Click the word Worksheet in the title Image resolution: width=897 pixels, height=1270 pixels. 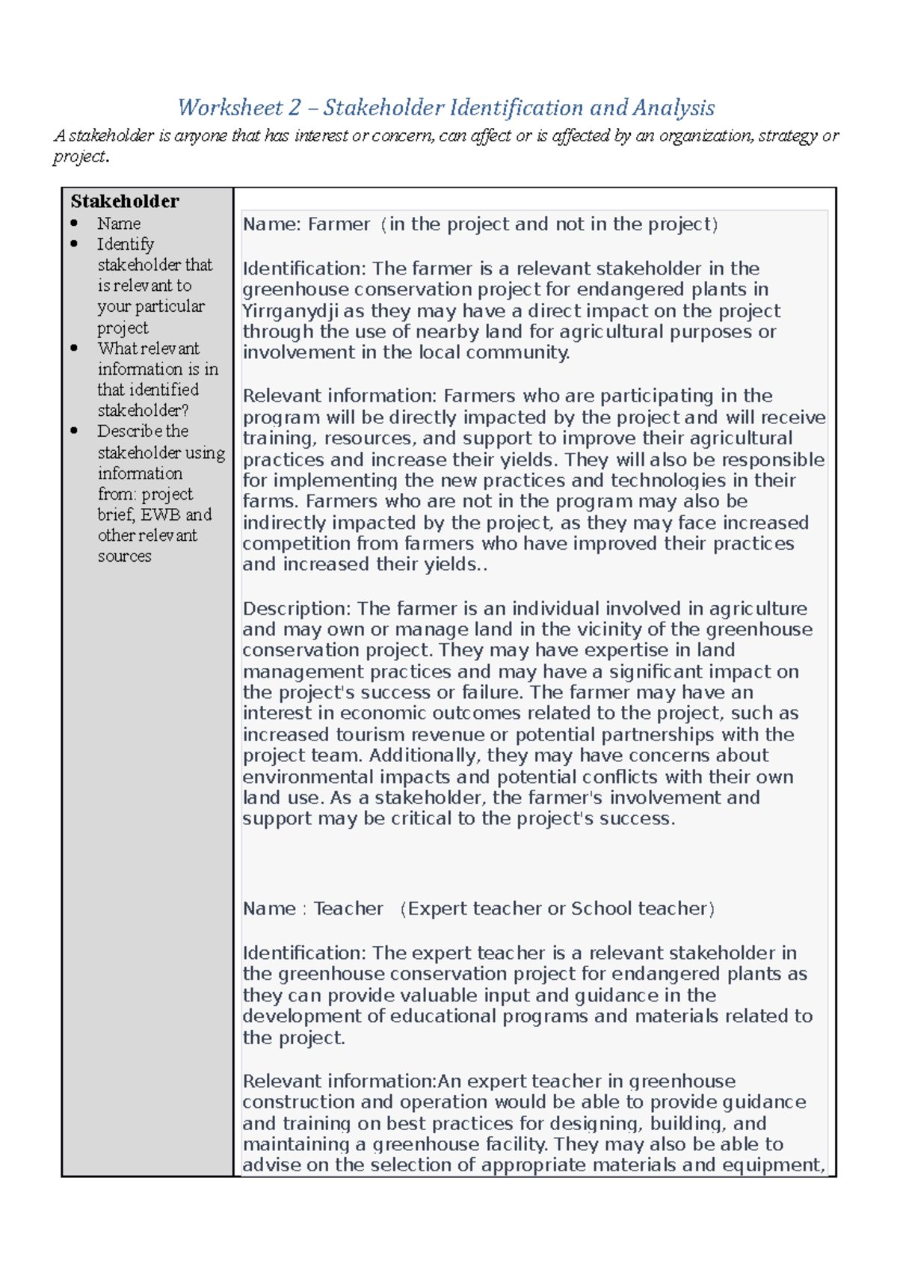click(x=229, y=108)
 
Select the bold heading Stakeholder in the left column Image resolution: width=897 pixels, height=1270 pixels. click(x=125, y=201)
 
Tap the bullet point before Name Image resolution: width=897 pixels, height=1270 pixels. click(x=74, y=224)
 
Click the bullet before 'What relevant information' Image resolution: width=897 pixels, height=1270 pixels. click(x=74, y=349)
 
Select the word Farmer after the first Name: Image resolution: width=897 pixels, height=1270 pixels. click(x=339, y=224)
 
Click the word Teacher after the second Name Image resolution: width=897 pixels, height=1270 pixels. click(x=348, y=909)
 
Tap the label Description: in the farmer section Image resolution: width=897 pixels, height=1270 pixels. click(x=297, y=609)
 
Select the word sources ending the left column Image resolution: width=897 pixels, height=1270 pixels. click(x=124, y=556)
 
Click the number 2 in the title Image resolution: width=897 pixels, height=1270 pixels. click(x=294, y=108)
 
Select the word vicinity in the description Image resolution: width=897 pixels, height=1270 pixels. click(x=611, y=630)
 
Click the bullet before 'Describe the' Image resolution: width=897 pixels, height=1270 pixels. click(x=74, y=432)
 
